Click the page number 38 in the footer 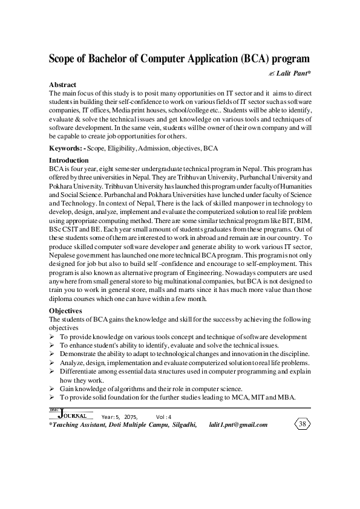[x=303, y=424]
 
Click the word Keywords [x=67, y=148]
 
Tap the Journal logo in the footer [x=70, y=415]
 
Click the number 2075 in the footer [x=131, y=417]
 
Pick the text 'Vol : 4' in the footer [x=164, y=417]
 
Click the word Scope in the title [x=64, y=59]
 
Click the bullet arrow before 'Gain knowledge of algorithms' [x=51, y=388]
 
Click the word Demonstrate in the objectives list [x=79, y=354]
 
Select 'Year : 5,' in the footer [x=110, y=417]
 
